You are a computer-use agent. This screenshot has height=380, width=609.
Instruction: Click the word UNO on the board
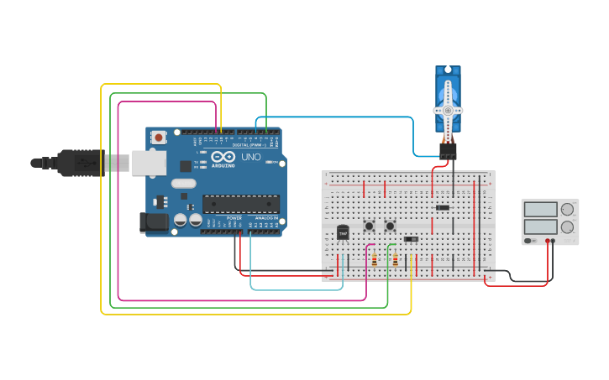[251, 157]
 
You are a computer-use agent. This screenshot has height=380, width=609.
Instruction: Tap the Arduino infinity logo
[223, 157]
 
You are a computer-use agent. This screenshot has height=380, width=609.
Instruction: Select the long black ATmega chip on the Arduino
[241, 204]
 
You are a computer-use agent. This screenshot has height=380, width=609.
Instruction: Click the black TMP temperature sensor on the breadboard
[343, 232]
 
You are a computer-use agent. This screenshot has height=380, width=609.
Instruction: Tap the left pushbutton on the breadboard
[369, 226]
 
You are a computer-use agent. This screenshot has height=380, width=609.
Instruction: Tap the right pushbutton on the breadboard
[390, 226]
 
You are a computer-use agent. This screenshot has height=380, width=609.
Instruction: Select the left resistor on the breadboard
[374, 260]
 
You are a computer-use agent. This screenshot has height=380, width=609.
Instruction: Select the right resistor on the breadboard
[395, 260]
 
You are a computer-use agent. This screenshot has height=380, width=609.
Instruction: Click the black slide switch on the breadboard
[411, 239]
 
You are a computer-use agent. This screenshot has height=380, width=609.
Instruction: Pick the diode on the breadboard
[442, 207]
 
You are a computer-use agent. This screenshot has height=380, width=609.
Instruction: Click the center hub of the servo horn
[448, 111]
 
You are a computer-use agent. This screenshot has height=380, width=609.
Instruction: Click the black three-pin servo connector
[448, 150]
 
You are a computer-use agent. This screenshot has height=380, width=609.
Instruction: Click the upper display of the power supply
[540, 209]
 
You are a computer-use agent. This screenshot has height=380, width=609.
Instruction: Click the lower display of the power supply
[540, 226]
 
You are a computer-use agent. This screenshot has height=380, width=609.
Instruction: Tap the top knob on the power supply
[567, 209]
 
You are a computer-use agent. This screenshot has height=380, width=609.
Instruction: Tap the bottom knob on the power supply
[567, 226]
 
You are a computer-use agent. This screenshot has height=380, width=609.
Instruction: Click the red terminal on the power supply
[548, 242]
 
